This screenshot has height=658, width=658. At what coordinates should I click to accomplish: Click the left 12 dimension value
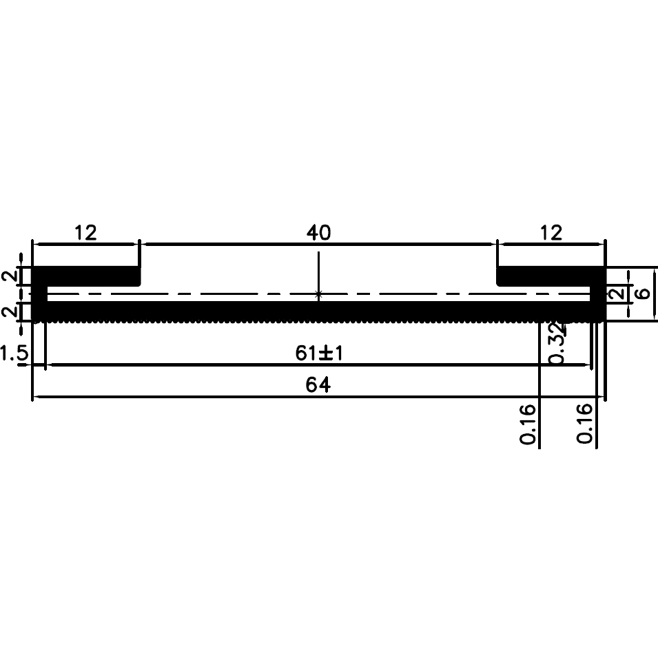pos(85,233)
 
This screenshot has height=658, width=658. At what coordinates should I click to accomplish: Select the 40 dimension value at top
pos(318,233)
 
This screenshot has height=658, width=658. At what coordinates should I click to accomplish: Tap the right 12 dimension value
pos(551,233)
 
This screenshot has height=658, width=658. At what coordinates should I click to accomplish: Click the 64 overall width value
pos(318,386)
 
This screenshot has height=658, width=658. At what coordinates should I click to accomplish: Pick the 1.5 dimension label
pos(14,354)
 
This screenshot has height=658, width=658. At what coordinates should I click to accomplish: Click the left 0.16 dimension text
pos(528,424)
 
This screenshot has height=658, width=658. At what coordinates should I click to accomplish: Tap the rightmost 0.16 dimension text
pos(585,424)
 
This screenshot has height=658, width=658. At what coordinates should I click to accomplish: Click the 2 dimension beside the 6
pos(618,294)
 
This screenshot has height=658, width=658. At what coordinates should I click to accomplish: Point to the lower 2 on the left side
pos(9,311)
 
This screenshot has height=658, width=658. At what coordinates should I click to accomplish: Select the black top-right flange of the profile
pos(548,276)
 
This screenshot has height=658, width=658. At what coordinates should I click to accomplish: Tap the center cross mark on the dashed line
pos(318,294)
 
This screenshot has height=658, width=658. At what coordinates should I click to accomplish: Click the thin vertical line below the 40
pos(318,272)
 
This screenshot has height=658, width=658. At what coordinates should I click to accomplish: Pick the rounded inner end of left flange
pos(138,277)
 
